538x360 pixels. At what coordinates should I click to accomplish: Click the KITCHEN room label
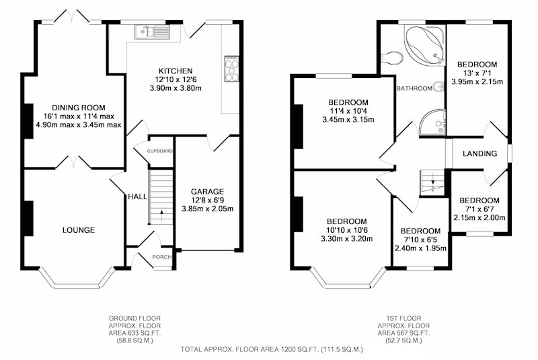point(176,71)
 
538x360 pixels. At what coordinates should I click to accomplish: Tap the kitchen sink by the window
point(153,31)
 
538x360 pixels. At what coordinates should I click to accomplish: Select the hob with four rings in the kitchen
point(231,69)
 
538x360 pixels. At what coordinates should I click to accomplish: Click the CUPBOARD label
point(159,151)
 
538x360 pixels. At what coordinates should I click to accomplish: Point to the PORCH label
point(161,257)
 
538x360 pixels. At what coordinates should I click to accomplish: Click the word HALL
point(137,196)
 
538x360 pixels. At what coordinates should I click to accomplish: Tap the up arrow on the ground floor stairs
point(161,216)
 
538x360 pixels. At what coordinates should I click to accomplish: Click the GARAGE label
point(207,192)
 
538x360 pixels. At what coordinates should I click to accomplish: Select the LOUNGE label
point(79,230)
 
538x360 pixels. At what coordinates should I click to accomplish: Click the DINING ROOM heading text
point(79,108)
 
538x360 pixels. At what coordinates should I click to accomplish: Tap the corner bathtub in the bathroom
point(425,45)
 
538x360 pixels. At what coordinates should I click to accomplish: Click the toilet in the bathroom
point(392,58)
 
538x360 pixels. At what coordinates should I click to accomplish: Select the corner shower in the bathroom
point(433,122)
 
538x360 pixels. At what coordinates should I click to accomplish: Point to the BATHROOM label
point(414,89)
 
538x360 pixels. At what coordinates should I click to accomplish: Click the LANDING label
point(479,153)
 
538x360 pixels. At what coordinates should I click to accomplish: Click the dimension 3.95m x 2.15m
point(477,81)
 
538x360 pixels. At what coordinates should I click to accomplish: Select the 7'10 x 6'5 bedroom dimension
point(420,240)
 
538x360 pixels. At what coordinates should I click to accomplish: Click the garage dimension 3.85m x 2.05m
point(207,209)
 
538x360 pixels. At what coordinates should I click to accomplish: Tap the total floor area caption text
point(272,350)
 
